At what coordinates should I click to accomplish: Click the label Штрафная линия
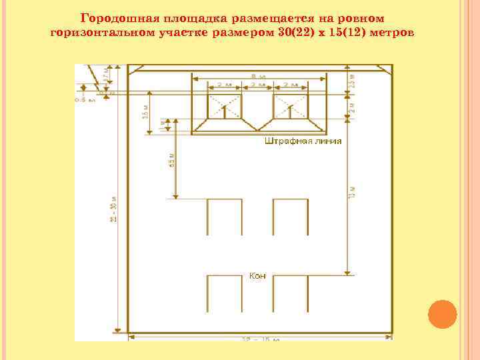coord(303,141)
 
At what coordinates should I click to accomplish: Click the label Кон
coord(257,275)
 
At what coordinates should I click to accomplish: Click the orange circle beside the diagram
coord(441,314)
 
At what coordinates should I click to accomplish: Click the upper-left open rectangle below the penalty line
coord(224,217)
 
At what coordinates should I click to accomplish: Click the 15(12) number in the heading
coord(347,31)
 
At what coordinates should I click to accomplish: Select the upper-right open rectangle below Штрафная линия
coord(290,217)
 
